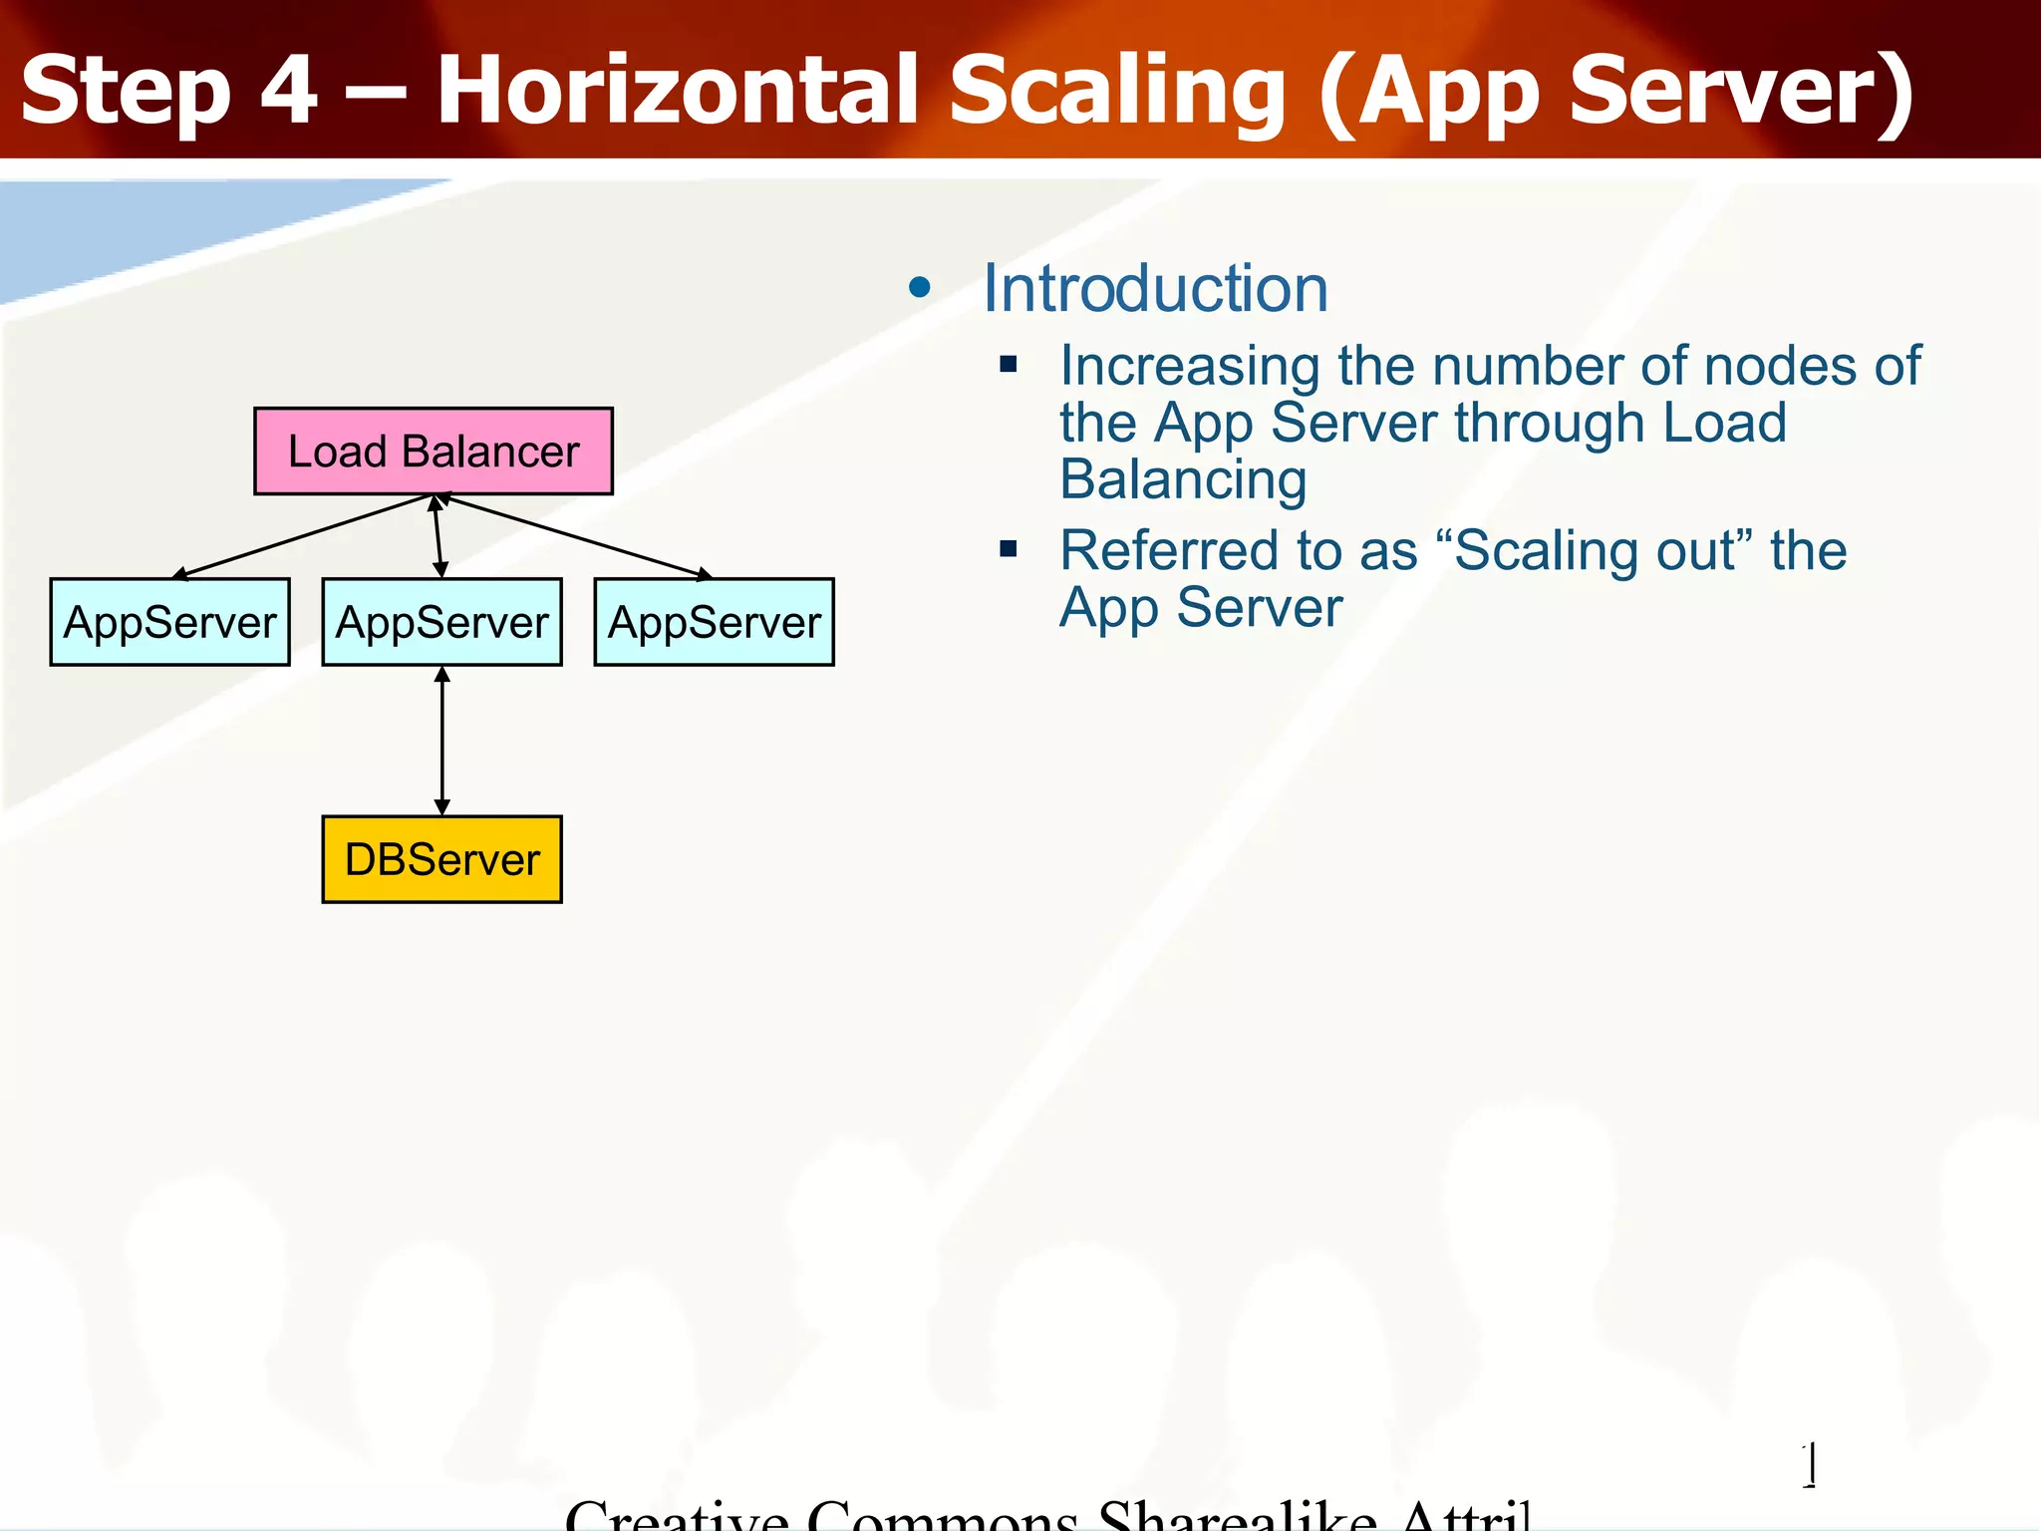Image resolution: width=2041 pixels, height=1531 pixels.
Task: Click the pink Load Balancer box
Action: click(433, 451)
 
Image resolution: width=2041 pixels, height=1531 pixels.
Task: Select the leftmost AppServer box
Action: click(169, 622)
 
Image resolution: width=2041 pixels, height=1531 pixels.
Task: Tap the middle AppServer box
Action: click(441, 622)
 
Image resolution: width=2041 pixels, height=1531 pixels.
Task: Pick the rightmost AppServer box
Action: click(714, 622)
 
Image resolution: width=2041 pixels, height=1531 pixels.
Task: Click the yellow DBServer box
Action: click(441, 859)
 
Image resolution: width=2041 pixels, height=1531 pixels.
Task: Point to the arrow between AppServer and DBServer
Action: click(441, 741)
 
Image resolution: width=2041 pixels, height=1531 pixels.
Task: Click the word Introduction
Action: click(1155, 289)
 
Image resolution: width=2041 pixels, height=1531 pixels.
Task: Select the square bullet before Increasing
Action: click(1009, 364)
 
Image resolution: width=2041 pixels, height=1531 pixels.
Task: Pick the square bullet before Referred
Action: click(1009, 548)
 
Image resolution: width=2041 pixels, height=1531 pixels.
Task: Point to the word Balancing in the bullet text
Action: click(1183, 479)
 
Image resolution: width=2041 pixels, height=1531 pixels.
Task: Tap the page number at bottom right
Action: click(1811, 1465)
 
